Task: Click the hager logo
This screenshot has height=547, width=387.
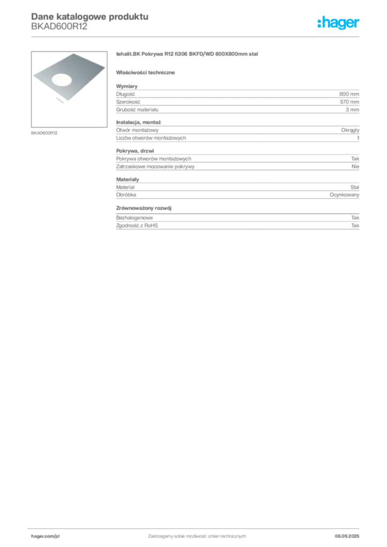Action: [338, 23]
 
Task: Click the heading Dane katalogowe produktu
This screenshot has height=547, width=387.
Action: [90, 17]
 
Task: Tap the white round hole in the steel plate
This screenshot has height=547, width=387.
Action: [62, 80]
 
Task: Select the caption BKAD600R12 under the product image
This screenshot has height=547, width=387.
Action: [44, 133]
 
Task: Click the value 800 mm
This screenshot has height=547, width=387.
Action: [349, 94]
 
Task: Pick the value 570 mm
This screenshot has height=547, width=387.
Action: [349, 102]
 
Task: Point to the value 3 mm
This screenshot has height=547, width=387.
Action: [352, 110]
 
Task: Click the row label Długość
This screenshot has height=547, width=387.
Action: [126, 94]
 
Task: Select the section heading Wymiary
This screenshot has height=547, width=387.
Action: [127, 86]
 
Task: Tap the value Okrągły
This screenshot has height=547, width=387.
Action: [350, 130]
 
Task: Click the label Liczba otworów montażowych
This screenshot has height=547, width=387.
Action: [151, 138]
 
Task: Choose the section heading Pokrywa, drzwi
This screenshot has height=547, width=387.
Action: [135, 151]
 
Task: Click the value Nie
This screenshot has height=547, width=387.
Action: [355, 167]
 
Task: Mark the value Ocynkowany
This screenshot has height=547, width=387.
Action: [344, 195]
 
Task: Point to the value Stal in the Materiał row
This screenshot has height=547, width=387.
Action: [354, 187]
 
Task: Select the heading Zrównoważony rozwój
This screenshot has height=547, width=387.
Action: [144, 208]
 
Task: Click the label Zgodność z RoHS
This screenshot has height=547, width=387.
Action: [137, 226]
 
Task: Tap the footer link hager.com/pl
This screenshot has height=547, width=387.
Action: [45, 536]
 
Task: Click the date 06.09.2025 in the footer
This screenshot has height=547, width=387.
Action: [347, 536]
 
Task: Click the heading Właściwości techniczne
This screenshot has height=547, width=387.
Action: [145, 73]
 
